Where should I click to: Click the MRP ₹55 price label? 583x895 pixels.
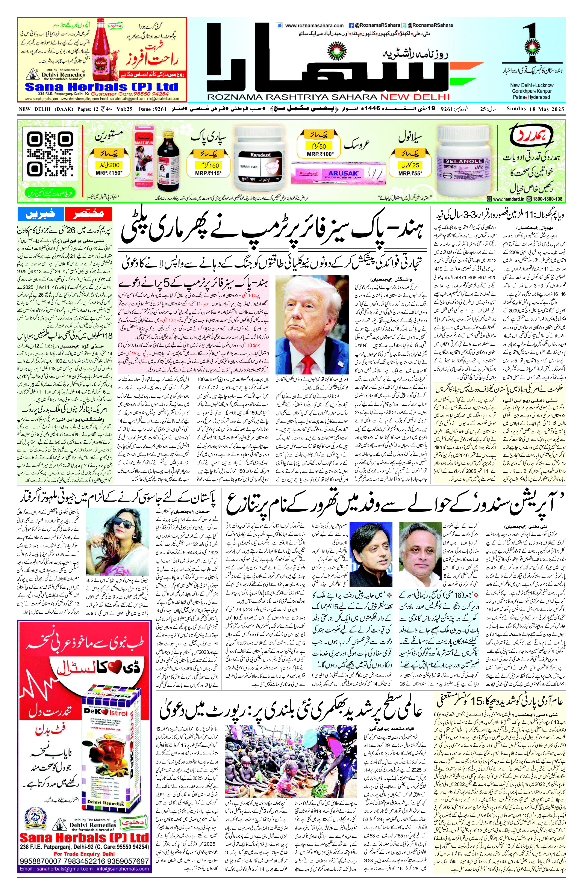[410, 173]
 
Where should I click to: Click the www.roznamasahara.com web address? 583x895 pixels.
[314, 26]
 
